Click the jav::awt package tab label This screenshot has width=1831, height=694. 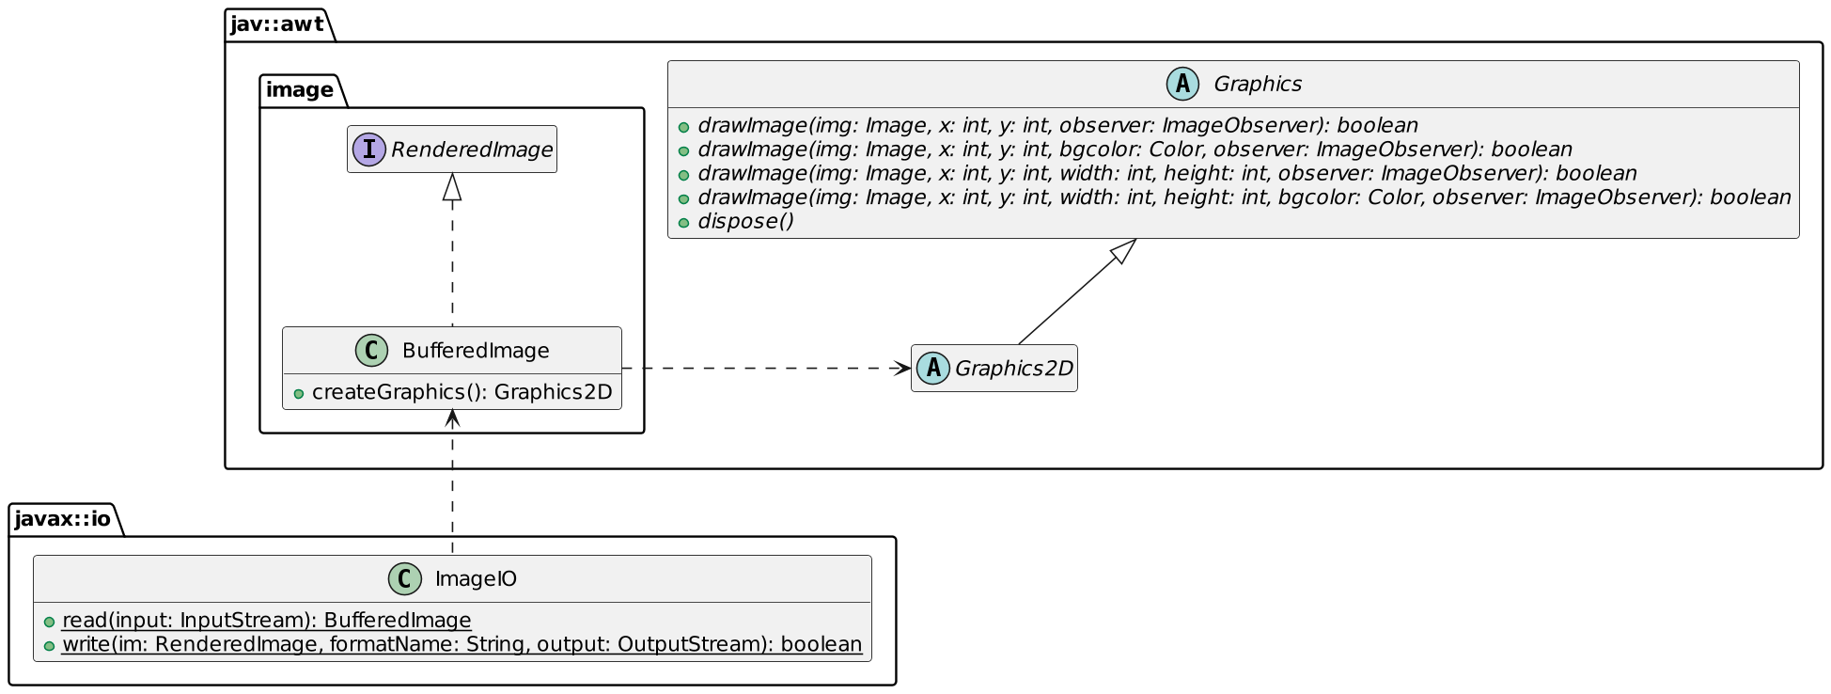coord(276,24)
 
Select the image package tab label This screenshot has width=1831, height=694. coord(299,90)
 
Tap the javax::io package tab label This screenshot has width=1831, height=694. coord(62,519)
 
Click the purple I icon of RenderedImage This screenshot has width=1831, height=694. coord(369,150)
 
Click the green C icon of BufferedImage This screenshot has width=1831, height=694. coord(372,351)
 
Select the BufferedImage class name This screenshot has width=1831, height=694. coord(476,351)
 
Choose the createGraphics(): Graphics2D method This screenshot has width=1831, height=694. coord(462,392)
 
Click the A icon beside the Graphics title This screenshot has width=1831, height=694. coord(1182,85)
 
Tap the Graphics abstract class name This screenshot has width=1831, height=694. coord(1257,85)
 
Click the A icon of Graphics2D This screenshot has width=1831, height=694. coord(932,369)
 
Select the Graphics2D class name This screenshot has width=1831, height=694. coord(1013,369)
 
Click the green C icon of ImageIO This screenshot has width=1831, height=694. coord(404,579)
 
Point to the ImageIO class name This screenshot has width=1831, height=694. coord(476,579)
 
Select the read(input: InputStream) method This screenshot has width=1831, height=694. coord(266,621)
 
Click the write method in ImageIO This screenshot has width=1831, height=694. coord(462,644)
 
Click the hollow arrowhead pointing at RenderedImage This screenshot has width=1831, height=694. coord(452,186)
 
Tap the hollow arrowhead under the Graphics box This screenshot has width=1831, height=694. coord(1123,251)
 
